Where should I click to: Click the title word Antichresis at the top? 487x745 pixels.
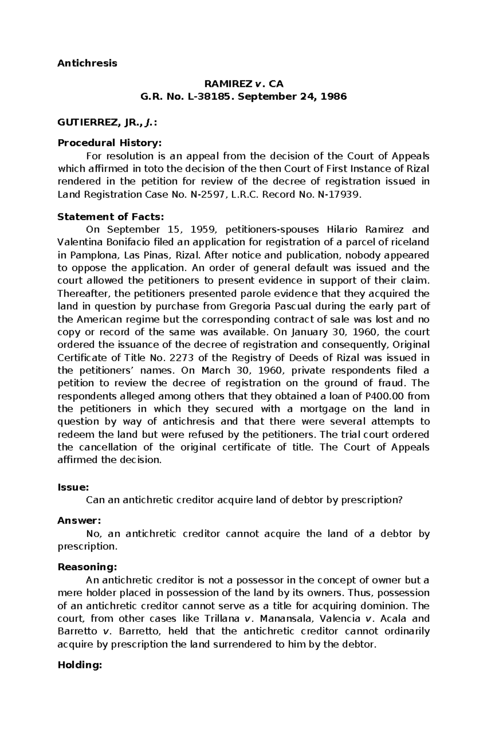point(87,63)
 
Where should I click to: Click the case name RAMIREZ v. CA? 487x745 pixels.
point(243,84)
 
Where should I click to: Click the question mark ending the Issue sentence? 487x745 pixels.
point(400,500)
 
